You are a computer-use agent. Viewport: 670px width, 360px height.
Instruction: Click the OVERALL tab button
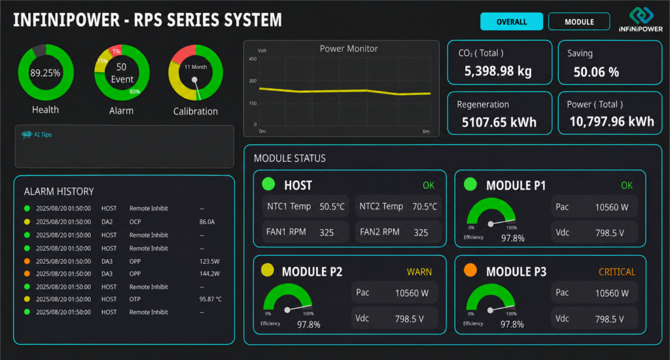pyautogui.click(x=512, y=22)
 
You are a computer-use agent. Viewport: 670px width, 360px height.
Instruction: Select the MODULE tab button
pyautogui.click(x=579, y=22)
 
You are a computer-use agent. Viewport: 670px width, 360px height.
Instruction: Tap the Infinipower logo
pyautogui.click(x=641, y=19)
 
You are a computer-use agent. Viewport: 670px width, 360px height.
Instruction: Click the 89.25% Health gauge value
pyautogui.click(x=45, y=73)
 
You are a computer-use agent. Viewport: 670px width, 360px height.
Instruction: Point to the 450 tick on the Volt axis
pyautogui.click(x=253, y=59)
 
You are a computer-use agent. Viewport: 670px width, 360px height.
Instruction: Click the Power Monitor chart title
pyautogui.click(x=349, y=48)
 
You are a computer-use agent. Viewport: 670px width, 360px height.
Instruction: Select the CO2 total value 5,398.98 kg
pyautogui.click(x=498, y=71)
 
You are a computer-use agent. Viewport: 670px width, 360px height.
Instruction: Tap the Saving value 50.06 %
pyautogui.click(x=596, y=72)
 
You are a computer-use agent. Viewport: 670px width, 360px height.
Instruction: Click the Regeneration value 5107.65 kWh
pyautogui.click(x=499, y=122)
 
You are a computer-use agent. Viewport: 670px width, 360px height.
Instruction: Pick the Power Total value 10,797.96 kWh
pyautogui.click(x=612, y=122)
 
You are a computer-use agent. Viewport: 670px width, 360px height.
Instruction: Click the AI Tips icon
pyautogui.click(x=26, y=135)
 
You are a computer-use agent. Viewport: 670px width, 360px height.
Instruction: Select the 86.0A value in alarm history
pyautogui.click(x=207, y=222)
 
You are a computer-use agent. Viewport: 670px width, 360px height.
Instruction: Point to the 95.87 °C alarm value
pyautogui.click(x=210, y=299)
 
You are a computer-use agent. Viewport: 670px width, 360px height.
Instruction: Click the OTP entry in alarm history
pyautogui.click(x=135, y=299)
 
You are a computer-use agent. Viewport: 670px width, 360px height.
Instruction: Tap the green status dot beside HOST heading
pyautogui.click(x=268, y=184)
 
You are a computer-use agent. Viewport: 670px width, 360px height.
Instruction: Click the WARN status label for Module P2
pyautogui.click(x=419, y=272)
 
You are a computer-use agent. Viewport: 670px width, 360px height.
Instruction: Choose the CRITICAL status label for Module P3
pyautogui.click(x=616, y=272)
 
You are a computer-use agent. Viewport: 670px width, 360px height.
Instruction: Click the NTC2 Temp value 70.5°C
pyautogui.click(x=424, y=207)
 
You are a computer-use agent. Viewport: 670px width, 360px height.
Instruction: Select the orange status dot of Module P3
pyautogui.click(x=470, y=270)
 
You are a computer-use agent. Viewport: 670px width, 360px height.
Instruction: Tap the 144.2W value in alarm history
pyautogui.click(x=209, y=274)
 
